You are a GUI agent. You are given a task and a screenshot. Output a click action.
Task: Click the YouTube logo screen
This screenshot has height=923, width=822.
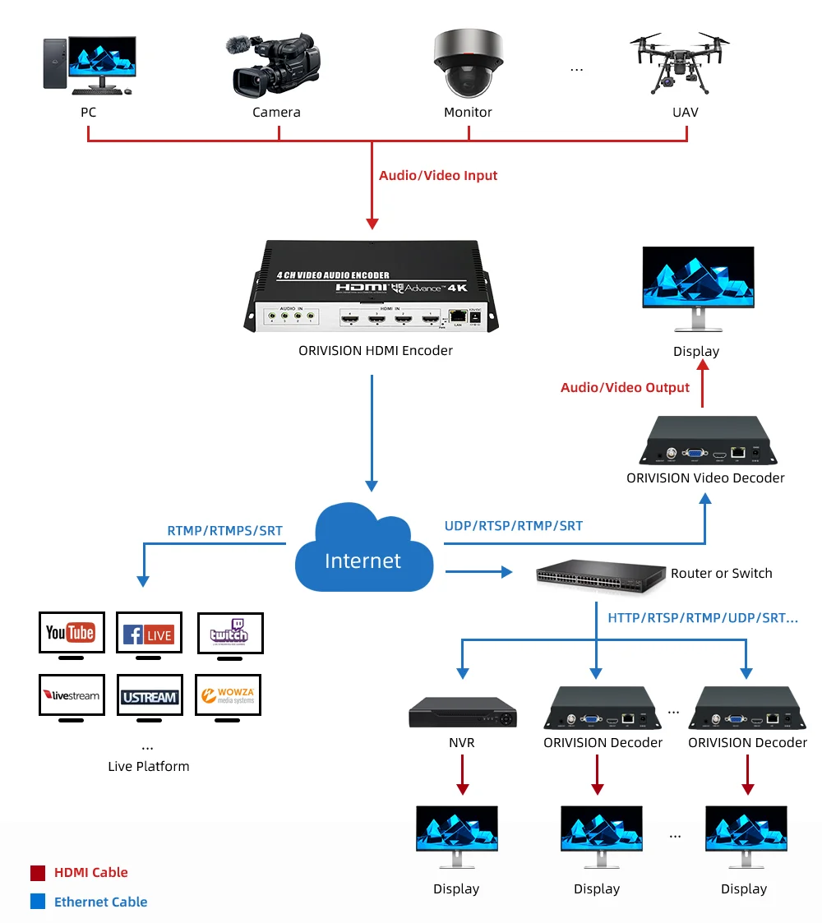point(72,632)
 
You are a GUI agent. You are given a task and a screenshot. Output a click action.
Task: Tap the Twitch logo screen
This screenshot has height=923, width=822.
point(229,633)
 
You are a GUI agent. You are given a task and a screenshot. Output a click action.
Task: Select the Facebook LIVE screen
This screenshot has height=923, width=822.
point(149,633)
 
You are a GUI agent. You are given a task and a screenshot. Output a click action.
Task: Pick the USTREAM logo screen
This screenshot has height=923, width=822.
point(149,696)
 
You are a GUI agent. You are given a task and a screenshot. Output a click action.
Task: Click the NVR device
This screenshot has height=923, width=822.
point(464,713)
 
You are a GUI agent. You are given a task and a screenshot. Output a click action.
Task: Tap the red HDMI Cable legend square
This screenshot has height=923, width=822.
point(38,873)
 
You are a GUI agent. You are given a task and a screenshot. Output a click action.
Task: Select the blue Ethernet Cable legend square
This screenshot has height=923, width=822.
point(38,902)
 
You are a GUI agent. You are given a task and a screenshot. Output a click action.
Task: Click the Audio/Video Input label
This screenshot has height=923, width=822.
point(438,175)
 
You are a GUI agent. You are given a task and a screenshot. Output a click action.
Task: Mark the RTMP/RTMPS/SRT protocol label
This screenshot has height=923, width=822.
point(224,530)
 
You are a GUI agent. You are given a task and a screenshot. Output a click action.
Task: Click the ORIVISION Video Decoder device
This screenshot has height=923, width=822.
point(705,441)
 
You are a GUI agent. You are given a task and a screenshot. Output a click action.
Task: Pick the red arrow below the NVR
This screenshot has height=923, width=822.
point(464,774)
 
